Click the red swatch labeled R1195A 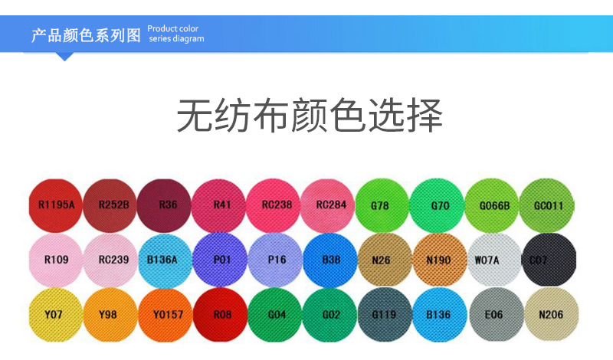pos(56,205)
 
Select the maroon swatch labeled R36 pos(167,205)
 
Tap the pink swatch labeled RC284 pos(330,205)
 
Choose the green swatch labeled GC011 pos(548,205)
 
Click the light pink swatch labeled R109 pos(56,260)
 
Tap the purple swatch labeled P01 pos(222,260)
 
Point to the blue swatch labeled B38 pos(330,260)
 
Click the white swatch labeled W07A pos(492,260)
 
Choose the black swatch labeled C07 pos(548,260)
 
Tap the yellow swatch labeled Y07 pos(56,314)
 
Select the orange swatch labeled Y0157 pos(167,314)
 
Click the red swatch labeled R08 pos(222,314)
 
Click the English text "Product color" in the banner pos(173,29)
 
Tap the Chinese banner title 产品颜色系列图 pos(87,34)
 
